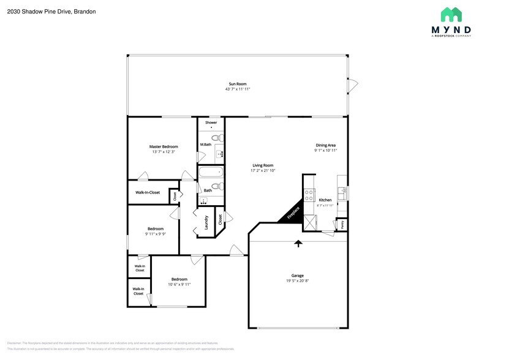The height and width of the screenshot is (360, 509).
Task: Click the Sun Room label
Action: (237, 83)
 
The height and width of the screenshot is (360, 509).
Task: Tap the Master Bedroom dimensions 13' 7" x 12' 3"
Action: (164, 152)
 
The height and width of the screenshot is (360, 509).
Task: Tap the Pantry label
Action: (342, 225)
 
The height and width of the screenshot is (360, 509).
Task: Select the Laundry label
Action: (206, 222)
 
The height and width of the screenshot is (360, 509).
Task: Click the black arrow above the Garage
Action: (298, 243)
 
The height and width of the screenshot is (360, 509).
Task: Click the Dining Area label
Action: (325, 145)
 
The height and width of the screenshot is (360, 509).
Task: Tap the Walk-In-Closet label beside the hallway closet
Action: (148, 192)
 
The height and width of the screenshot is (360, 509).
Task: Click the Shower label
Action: (211, 122)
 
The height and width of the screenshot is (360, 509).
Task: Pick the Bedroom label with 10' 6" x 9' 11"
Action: (179, 279)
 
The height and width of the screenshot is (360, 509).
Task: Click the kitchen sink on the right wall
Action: (344, 191)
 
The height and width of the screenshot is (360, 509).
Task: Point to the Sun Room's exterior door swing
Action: (353, 86)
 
